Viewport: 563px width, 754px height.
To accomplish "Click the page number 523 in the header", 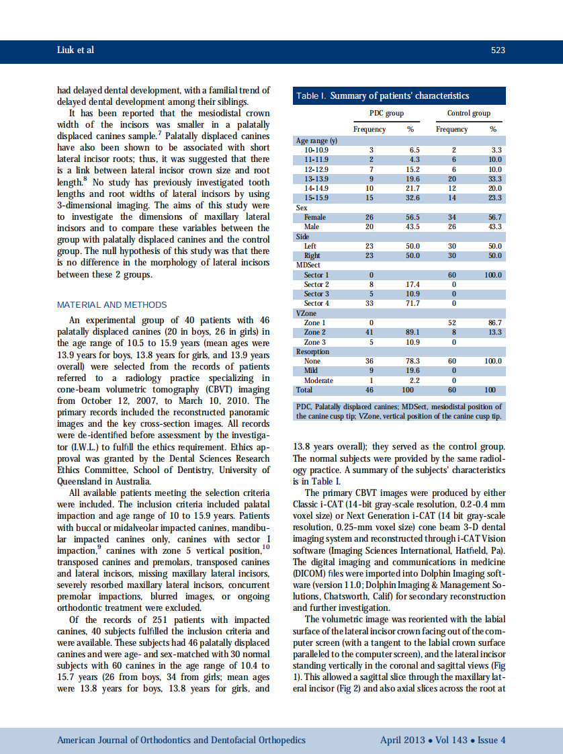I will pos(498,50).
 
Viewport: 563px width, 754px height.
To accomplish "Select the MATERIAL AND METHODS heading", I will pos(112,304).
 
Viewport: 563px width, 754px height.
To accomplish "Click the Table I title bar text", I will pos(383,95).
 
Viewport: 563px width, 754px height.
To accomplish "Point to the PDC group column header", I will pos(386,113).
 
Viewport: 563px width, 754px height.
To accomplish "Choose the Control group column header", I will pos(468,113).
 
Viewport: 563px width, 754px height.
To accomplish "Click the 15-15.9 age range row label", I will pos(317,198).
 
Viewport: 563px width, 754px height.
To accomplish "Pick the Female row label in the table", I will pos(315,217).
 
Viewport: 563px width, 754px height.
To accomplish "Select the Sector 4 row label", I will pos(316,303).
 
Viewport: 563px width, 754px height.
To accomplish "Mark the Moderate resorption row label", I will pos(319,380).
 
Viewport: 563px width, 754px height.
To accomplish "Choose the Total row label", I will pos(304,390).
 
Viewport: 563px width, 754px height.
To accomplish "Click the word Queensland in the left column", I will pos(82,480).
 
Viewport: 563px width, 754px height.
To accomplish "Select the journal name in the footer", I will pos(181,740).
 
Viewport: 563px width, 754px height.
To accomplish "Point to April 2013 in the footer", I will pos(402,740).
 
